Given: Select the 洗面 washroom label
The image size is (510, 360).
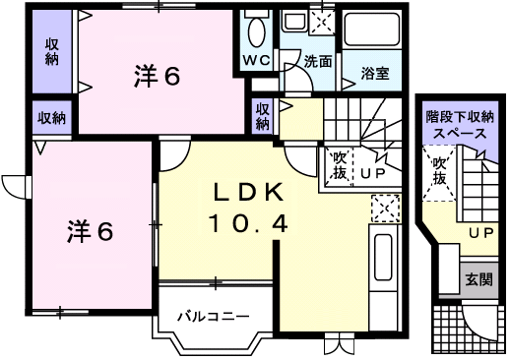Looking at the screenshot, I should [317, 61].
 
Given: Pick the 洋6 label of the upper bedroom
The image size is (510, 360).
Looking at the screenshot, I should [157, 77].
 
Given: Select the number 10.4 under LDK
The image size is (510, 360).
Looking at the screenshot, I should [247, 223].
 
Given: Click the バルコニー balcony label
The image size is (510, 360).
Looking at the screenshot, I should [213, 317].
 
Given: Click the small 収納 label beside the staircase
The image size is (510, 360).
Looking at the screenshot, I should [262, 116].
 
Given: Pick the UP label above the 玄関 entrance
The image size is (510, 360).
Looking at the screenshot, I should [480, 232].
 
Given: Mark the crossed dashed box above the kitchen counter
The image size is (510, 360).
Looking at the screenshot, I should [385, 209].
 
